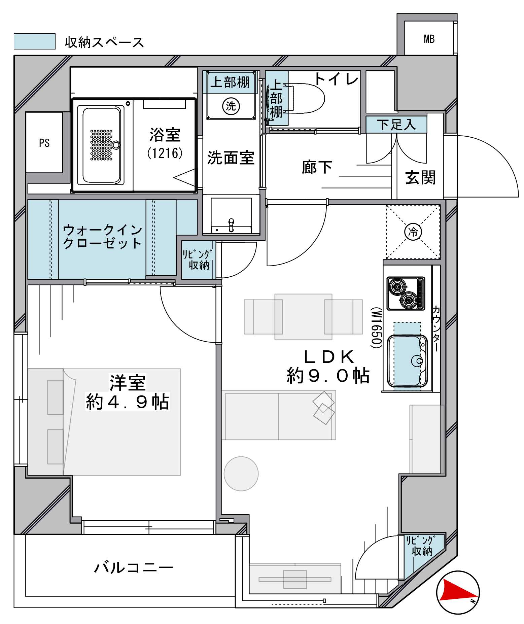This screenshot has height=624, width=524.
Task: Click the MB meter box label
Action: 429,39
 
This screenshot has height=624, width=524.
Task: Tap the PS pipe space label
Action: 44,143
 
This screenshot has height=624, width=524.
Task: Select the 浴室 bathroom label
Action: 165,135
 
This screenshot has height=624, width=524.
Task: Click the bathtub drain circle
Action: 116,145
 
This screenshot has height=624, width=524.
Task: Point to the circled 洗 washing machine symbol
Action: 231,106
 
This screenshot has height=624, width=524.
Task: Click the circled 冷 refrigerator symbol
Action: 413,232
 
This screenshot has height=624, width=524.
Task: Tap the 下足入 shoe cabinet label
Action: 396,125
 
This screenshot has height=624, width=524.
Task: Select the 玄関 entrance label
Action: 420,177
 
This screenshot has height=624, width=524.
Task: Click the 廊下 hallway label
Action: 317,167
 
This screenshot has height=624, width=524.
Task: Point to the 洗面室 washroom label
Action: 231,158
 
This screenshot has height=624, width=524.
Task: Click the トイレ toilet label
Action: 336,79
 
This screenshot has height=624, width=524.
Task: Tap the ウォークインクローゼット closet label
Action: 103,237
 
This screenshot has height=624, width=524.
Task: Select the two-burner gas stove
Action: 406,293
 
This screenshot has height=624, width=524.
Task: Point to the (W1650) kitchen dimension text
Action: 376,327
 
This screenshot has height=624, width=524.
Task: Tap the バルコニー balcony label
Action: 134,568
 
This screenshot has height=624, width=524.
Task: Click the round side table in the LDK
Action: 241,474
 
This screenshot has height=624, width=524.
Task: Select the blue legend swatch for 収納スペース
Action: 35,41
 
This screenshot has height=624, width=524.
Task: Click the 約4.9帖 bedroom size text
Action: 128,402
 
